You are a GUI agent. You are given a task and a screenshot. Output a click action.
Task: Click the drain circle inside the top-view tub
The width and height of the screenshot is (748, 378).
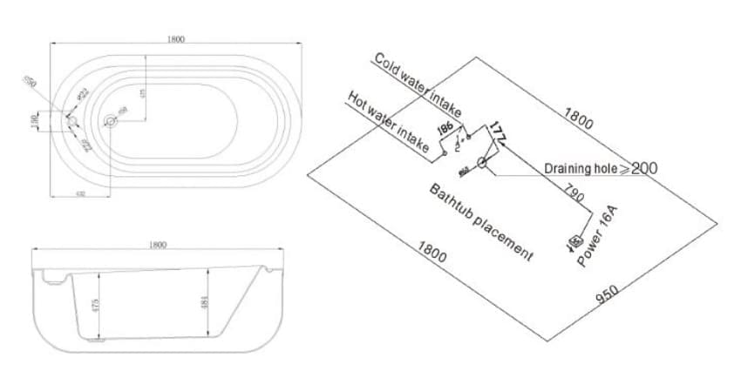pos(111,121)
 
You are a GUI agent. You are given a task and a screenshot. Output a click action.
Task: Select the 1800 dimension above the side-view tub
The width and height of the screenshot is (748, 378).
pos(158,246)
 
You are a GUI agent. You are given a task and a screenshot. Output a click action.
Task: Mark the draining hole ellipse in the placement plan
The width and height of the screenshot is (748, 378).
pos(481,162)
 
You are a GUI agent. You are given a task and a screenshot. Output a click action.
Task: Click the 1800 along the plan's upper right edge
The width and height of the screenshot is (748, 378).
pos(579,119)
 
